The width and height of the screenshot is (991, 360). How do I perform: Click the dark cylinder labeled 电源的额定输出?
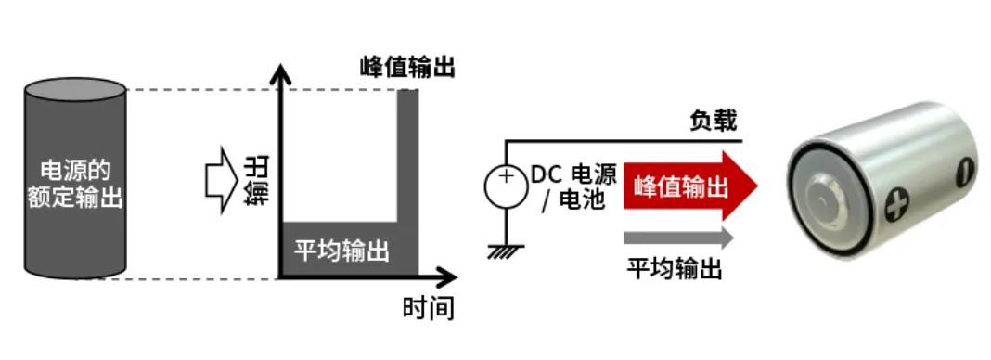[75, 181]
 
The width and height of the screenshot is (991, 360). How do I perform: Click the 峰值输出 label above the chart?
[407, 67]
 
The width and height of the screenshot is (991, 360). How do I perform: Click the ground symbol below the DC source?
[507, 248]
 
